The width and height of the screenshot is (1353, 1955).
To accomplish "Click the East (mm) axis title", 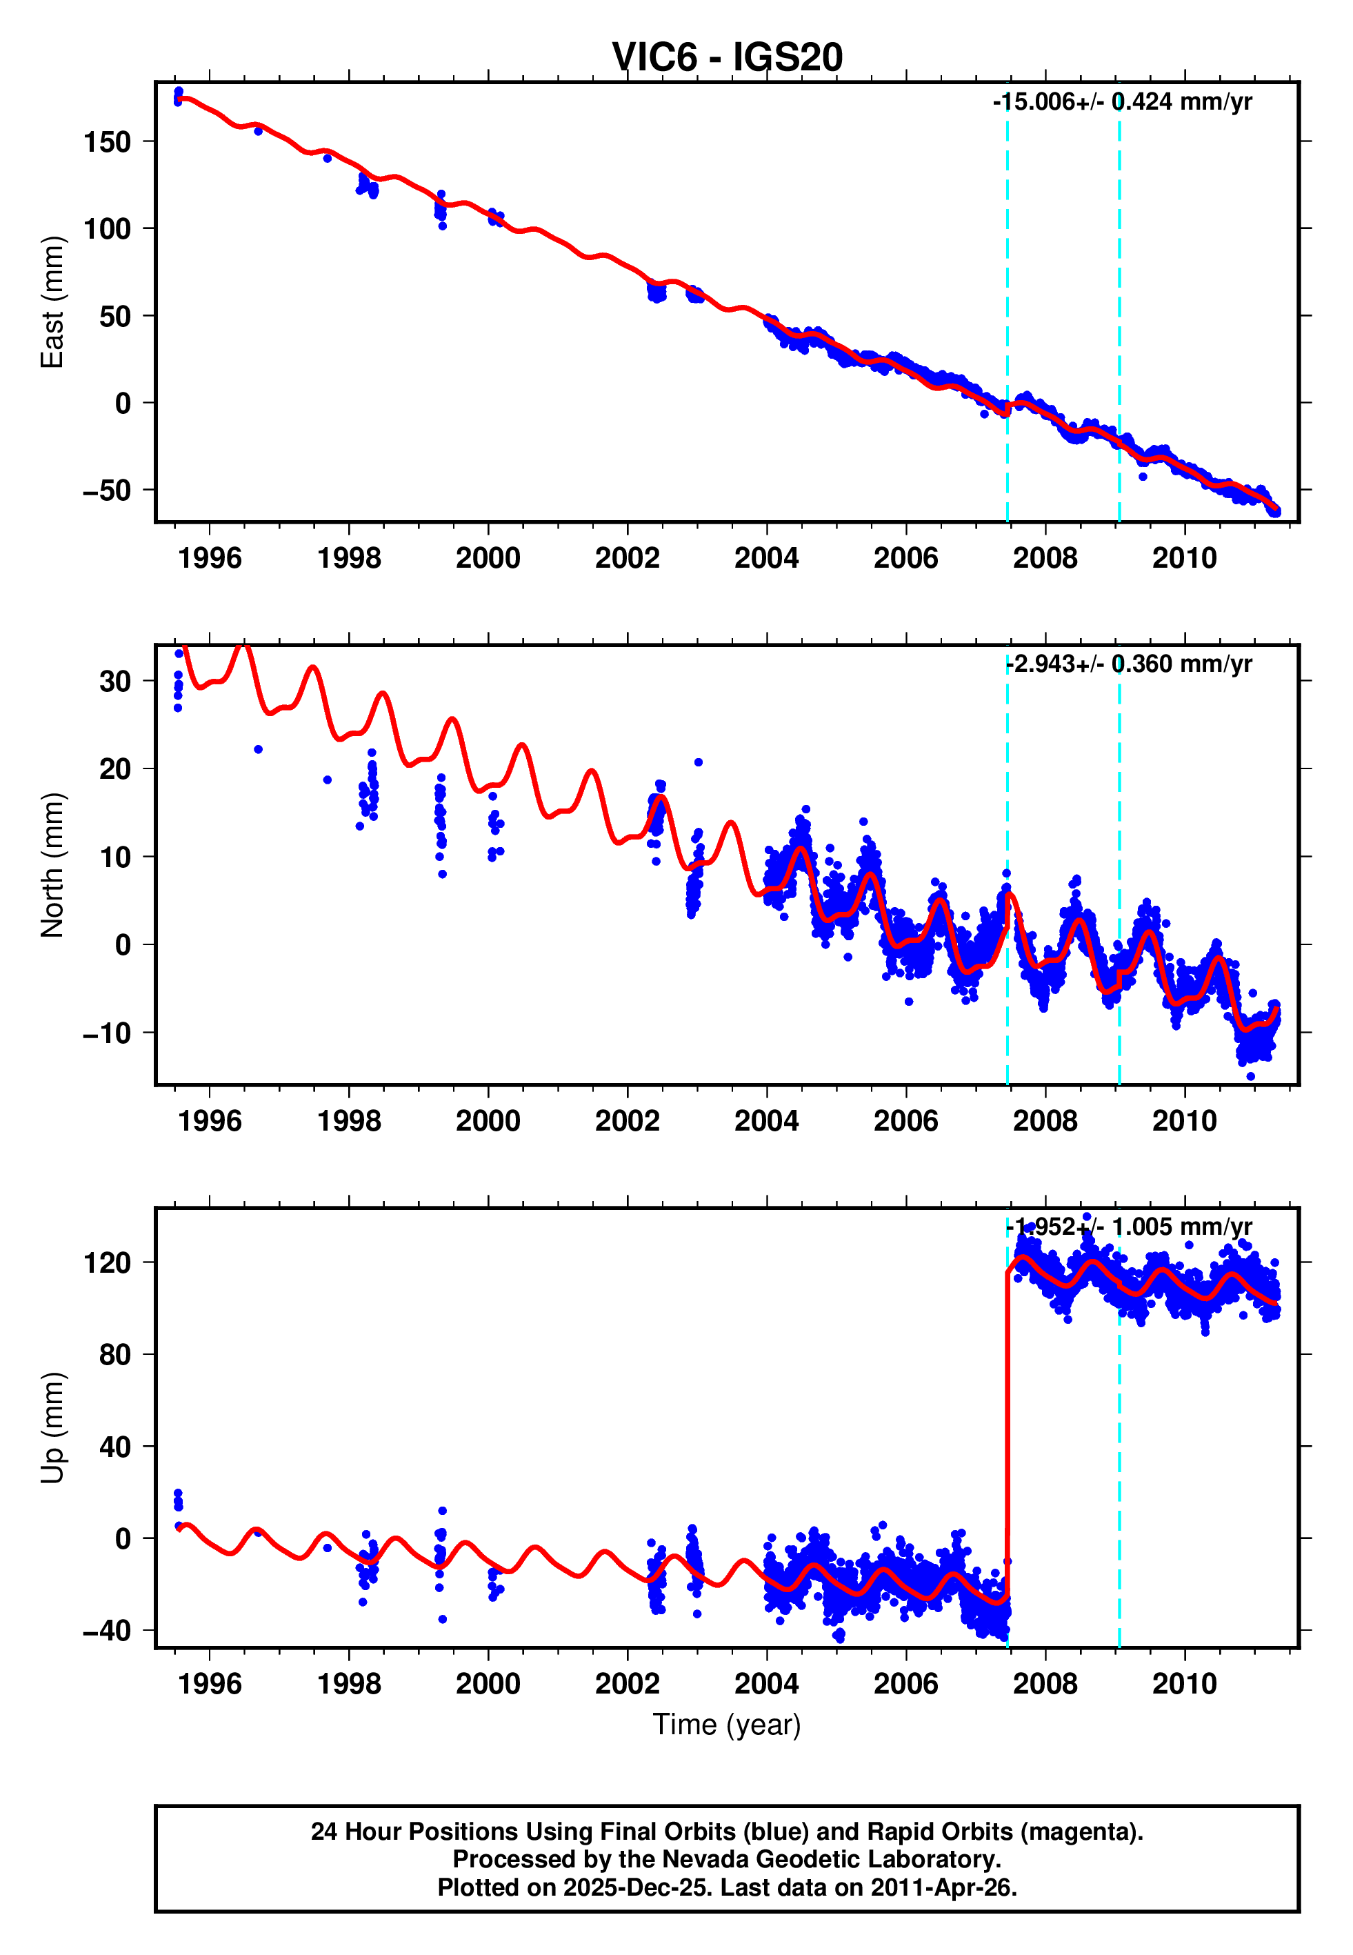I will pyautogui.click(x=52, y=302).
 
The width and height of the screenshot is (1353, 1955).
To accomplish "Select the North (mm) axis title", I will pyautogui.click(x=52, y=865).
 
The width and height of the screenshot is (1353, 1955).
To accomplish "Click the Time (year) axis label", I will pyautogui.click(x=727, y=1725).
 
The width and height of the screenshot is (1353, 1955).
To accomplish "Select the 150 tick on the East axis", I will pyautogui.click(x=107, y=141).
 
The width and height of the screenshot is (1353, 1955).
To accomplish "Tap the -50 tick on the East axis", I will pyautogui.click(x=107, y=491).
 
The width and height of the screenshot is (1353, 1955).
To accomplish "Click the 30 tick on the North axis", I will pyautogui.click(x=115, y=682).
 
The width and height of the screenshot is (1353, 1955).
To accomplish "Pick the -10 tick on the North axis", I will pyautogui.click(x=107, y=1033).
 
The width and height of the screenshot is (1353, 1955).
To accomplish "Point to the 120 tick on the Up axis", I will pyautogui.click(x=107, y=1263).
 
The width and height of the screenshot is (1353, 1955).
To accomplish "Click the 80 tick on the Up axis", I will pyautogui.click(x=115, y=1355).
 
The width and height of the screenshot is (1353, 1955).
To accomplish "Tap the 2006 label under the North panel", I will pyautogui.click(x=905, y=1121).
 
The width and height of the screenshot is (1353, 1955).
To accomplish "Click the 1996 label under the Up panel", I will pyautogui.click(x=210, y=1684).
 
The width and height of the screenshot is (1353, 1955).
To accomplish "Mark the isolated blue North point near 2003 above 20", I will pyautogui.click(x=699, y=762).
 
